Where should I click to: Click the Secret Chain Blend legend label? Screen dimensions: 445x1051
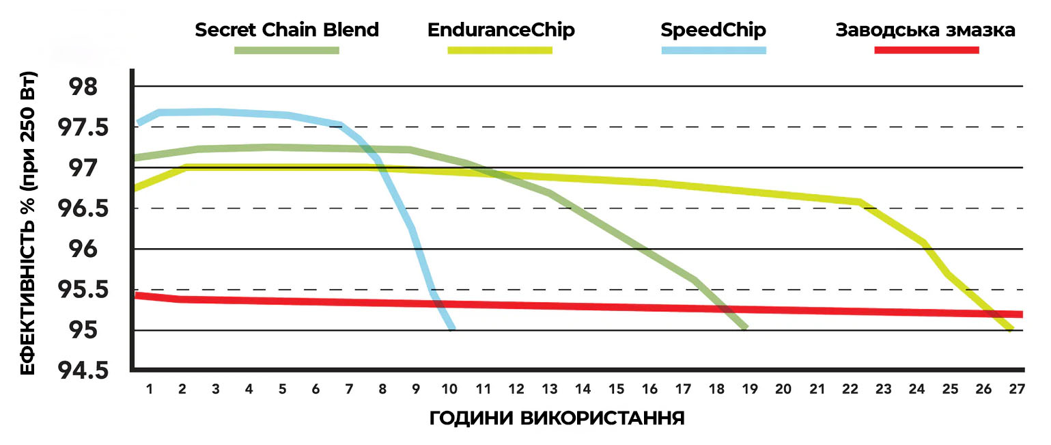point(287,30)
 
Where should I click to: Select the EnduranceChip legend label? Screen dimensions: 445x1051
point(501,30)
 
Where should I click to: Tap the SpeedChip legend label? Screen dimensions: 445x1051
point(714,30)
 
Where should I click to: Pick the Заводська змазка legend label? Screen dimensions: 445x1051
point(925,30)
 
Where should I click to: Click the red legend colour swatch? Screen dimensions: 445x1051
point(927,50)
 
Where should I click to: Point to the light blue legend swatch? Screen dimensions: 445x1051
point(714,50)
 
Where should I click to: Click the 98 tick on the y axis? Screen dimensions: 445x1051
point(83,87)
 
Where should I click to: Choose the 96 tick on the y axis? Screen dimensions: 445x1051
point(83,250)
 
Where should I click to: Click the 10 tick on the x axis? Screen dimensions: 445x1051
point(449,389)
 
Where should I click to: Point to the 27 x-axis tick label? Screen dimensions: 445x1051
point(1017,389)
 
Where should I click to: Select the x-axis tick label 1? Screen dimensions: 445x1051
point(148,389)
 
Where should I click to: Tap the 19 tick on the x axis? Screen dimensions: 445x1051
point(750,389)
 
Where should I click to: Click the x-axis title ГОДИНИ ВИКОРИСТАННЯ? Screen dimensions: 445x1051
point(557,418)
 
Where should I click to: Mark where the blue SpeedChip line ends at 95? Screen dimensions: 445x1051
point(452,329)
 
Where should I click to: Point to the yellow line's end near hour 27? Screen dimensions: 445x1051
point(1010,329)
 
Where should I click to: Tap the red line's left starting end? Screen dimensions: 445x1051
point(137,295)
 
